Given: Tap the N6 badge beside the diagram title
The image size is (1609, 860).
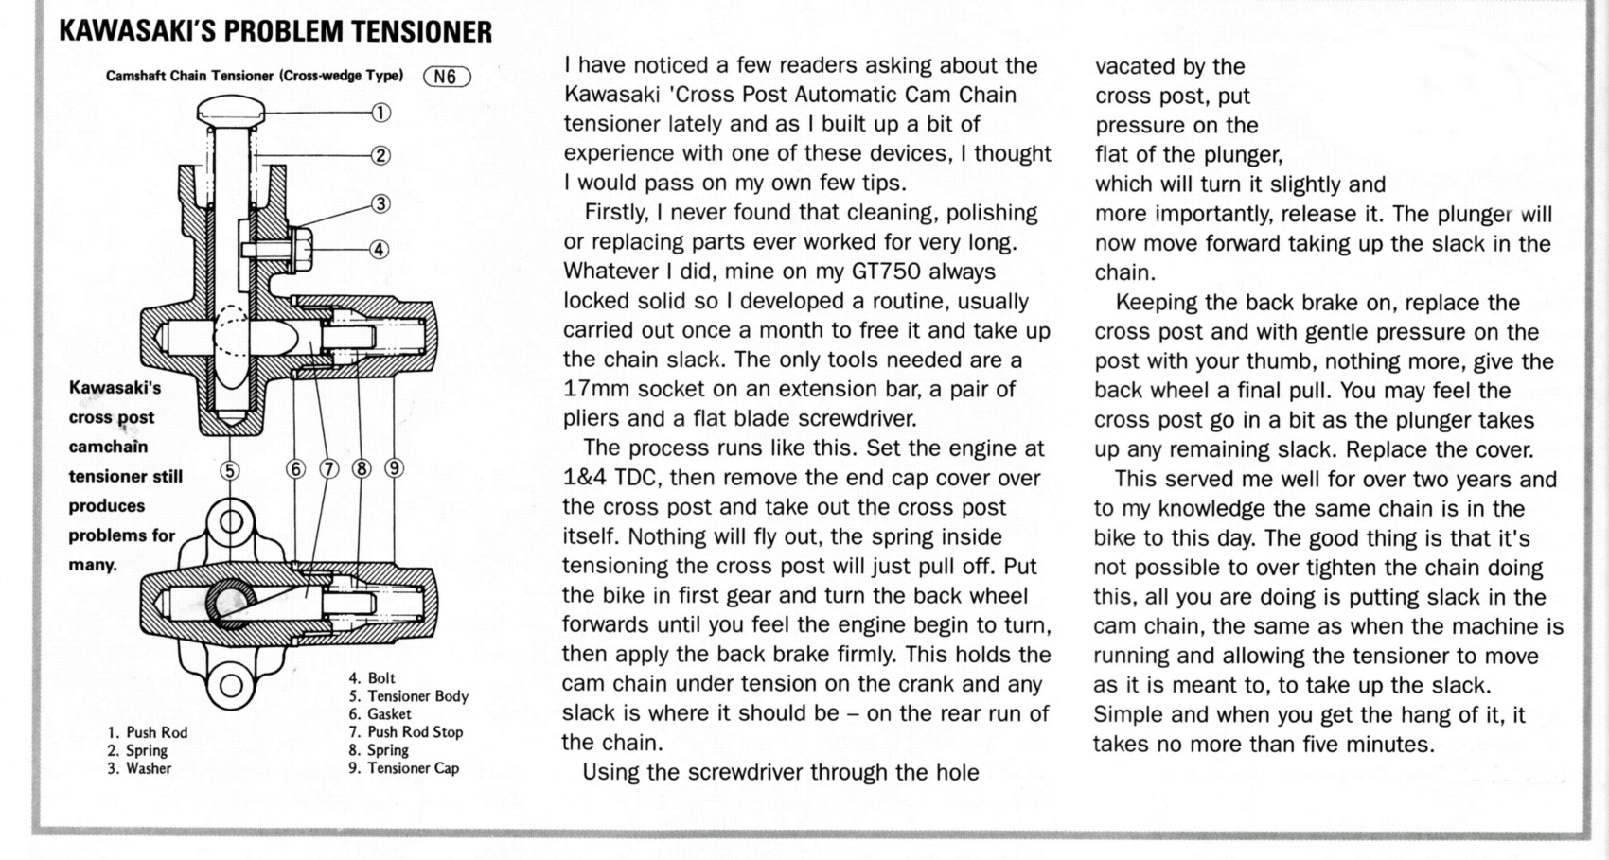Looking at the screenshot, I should tap(447, 77).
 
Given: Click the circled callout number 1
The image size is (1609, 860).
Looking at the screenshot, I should tap(380, 114).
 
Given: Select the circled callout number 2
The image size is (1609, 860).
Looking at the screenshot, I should tap(380, 156).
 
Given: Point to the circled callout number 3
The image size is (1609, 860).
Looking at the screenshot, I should tap(380, 203).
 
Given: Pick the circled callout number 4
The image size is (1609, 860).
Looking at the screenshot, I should tap(379, 250).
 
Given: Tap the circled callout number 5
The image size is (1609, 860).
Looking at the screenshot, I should tap(230, 470).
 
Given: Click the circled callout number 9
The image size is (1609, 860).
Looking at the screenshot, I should tap(394, 469).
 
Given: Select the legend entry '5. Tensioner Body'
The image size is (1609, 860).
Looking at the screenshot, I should tap(408, 696).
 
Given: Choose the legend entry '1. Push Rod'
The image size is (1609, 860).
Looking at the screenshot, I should tap(147, 732).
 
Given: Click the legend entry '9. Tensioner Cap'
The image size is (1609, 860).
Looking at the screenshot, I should tap(403, 767).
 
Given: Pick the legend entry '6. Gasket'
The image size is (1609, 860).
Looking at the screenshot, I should tap(380, 714).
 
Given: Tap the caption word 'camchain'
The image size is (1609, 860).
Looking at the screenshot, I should tap(108, 447).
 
